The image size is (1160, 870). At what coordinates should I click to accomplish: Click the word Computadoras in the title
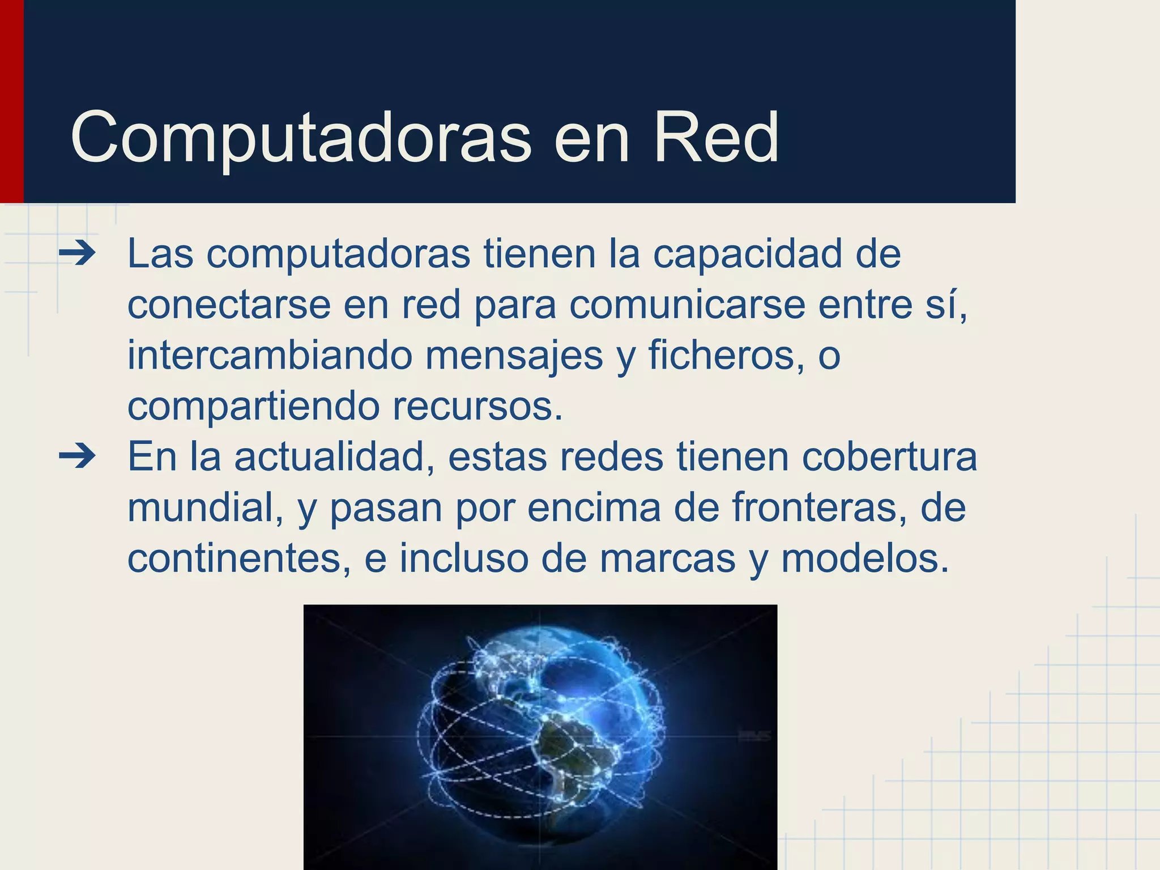click(301, 138)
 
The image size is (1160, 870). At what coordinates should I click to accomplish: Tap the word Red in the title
click(716, 138)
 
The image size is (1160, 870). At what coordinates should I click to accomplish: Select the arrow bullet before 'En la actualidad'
click(77, 457)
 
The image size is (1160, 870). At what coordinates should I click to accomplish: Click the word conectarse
click(228, 305)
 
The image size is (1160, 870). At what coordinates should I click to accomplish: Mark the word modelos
click(865, 558)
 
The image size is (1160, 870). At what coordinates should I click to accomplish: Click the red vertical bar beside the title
click(11, 102)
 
